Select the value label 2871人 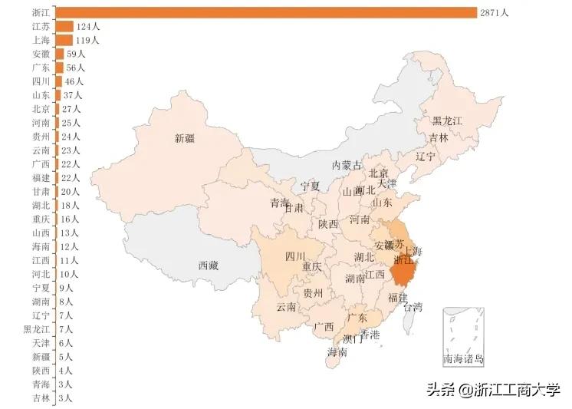coord(494,13)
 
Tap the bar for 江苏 coord(64,26)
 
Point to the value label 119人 coord(87,40)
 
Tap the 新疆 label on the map coord(185,139)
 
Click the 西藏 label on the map coord(209,266)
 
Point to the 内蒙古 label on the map coord(346,165)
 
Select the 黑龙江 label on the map coord(447,121)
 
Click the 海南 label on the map coord(337,352)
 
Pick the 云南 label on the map coord(287,307)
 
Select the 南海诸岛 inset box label coord(464,358)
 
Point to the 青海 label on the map coord(280,203)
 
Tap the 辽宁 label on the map coord(426,156)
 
